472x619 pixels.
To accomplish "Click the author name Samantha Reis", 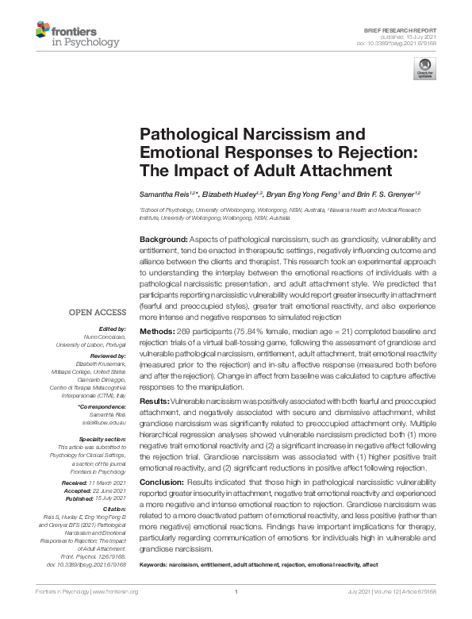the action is pyautogui.click(x=166, y=194).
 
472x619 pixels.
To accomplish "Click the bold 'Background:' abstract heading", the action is pyautogui.click(x=163, y=238).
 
